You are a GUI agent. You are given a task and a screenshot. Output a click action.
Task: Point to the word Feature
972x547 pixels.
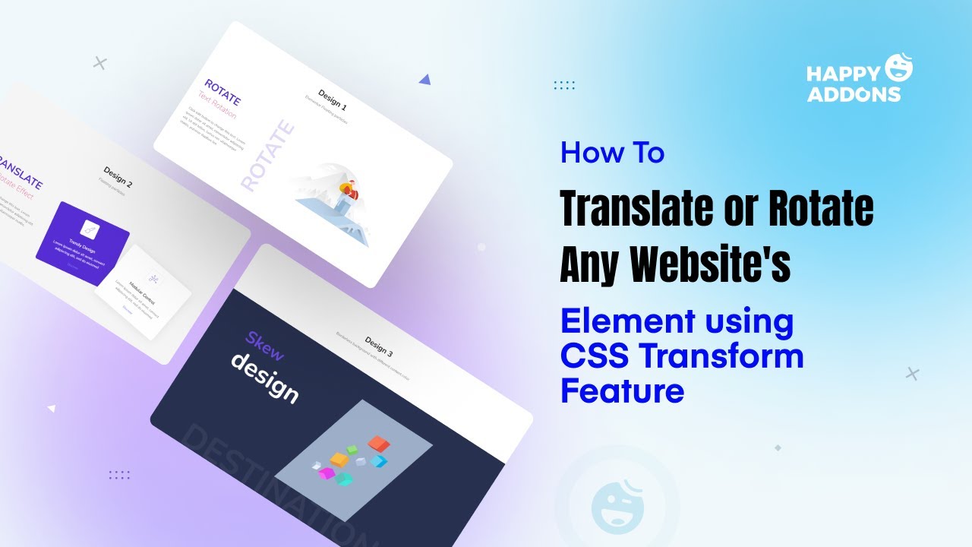point(622,391)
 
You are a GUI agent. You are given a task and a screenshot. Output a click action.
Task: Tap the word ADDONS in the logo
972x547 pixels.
point(853,94)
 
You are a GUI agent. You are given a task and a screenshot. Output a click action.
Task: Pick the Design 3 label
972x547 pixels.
point(379,346)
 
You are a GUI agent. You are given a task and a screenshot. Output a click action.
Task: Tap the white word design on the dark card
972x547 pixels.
point(264,377)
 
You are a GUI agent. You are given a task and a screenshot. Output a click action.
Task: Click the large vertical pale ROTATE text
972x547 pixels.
point(267,155)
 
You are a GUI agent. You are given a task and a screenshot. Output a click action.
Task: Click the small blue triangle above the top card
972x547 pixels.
point(424,79)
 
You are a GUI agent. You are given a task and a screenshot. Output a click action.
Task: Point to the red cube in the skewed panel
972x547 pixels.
point(377,442)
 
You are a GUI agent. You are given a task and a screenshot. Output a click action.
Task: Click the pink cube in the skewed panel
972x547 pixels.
point(327,473)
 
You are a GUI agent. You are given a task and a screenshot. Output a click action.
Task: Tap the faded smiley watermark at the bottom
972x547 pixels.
point(616,503)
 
